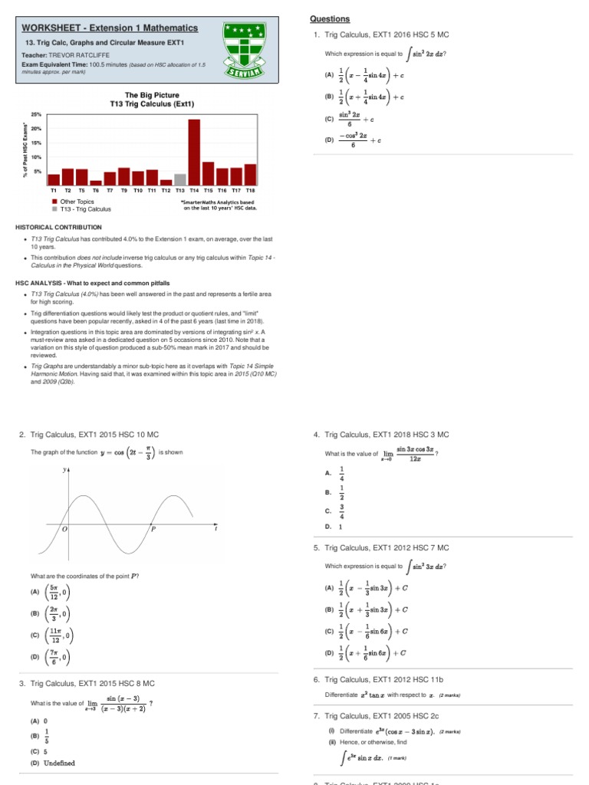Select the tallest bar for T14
(194, 152)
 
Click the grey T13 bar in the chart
(180, 179)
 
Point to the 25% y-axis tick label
(36, 114)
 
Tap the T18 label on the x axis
(250, 189)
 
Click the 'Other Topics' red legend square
(54, 202)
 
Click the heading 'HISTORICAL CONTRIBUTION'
(58, 228)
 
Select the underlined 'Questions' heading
(329, 19)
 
